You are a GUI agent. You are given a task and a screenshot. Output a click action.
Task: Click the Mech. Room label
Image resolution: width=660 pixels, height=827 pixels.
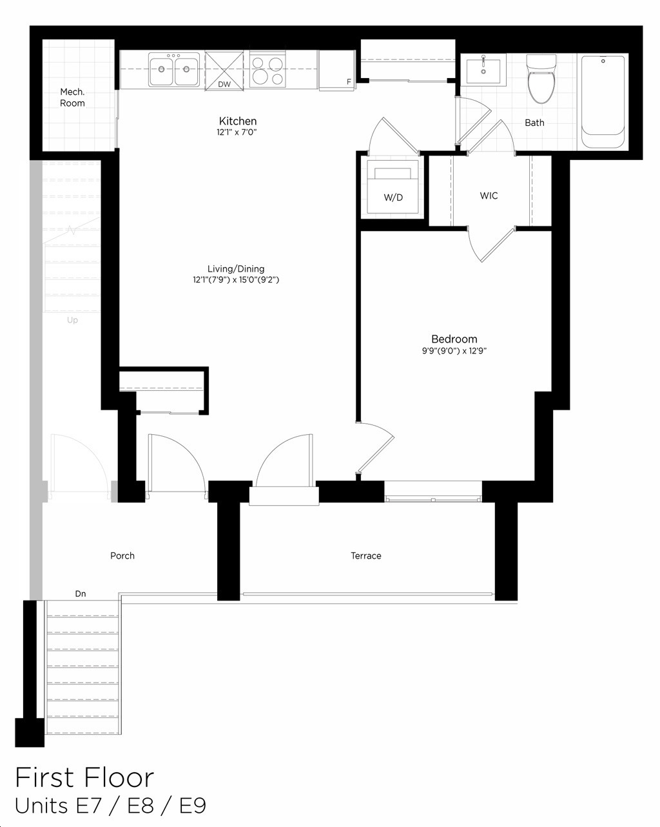tap(72, 97)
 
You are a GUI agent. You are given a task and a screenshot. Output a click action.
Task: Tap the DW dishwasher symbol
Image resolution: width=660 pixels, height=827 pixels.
tap(224, 71)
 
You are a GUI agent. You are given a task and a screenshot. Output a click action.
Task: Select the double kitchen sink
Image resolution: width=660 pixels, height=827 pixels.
tap(174, 69)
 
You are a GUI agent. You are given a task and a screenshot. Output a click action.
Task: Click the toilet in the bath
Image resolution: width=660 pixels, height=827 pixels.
tap(541, 79)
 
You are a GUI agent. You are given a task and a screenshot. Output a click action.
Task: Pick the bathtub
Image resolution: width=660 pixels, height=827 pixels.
tap(603, 102)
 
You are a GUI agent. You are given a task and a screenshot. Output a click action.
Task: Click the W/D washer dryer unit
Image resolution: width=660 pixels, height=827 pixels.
tap(393, 187)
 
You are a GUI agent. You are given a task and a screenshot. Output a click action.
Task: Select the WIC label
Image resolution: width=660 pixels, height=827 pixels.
tap(489, 195)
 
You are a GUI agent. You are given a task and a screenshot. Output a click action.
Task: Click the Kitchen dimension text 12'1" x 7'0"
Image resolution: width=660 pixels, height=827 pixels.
tap(237, 133)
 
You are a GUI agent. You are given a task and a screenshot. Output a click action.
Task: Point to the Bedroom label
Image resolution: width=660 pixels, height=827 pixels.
tap(454, 339)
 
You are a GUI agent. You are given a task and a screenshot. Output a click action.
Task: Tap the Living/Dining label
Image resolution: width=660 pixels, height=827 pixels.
tap(236, 268)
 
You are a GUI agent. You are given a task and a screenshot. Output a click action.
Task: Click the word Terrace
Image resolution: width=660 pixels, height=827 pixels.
tap(366, 555)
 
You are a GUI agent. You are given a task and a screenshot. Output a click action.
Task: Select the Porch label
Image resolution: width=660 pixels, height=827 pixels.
tap(122, 555)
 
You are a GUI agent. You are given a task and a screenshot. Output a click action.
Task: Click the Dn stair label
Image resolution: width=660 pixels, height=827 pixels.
tap(81, 593)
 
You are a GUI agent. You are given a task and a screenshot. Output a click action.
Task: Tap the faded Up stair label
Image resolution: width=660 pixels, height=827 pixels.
tap(73, 320)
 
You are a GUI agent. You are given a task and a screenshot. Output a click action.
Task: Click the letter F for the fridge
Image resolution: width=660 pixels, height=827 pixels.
tap(349, 82)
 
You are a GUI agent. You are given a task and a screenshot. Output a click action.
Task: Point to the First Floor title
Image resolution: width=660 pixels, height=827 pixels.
tap(84, 778)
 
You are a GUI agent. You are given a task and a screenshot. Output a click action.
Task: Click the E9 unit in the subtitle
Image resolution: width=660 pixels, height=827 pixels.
tap(193, 806)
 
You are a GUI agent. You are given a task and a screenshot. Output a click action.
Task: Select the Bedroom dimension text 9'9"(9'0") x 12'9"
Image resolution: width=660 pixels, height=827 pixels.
tap(454, 351)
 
